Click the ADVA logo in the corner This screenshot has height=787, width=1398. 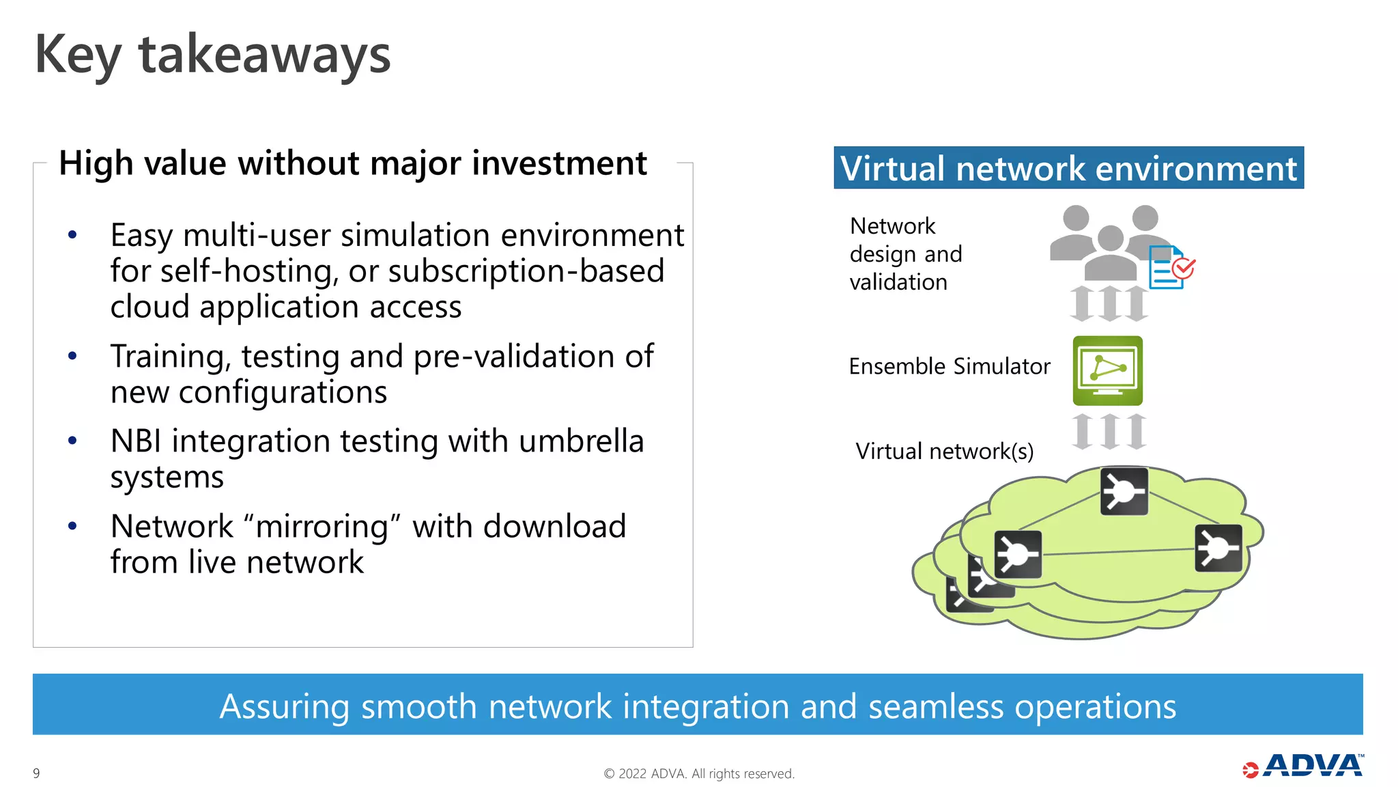point(1304,766)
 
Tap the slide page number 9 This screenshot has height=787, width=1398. point(36,773)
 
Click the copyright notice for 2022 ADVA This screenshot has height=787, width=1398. point(699,773)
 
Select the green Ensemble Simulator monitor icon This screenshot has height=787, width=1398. point(1107,370)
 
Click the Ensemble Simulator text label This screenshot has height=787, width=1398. point(949,367)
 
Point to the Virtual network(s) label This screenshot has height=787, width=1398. point(944,452)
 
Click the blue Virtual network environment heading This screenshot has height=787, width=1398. point(1068,168)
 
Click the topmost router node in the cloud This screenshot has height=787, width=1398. point(1124,491)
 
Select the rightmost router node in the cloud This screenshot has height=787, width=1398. point(1218,548)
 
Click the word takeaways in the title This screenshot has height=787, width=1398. point(265,56)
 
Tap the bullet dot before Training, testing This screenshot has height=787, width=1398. point(72,356)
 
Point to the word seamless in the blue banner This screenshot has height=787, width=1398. point(935,706)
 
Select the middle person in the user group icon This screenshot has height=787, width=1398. point(1110,253)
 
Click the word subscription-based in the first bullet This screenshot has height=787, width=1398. point(526,271)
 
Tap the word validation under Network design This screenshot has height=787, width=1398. point(898,282)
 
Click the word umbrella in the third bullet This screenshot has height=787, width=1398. point(581,441)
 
